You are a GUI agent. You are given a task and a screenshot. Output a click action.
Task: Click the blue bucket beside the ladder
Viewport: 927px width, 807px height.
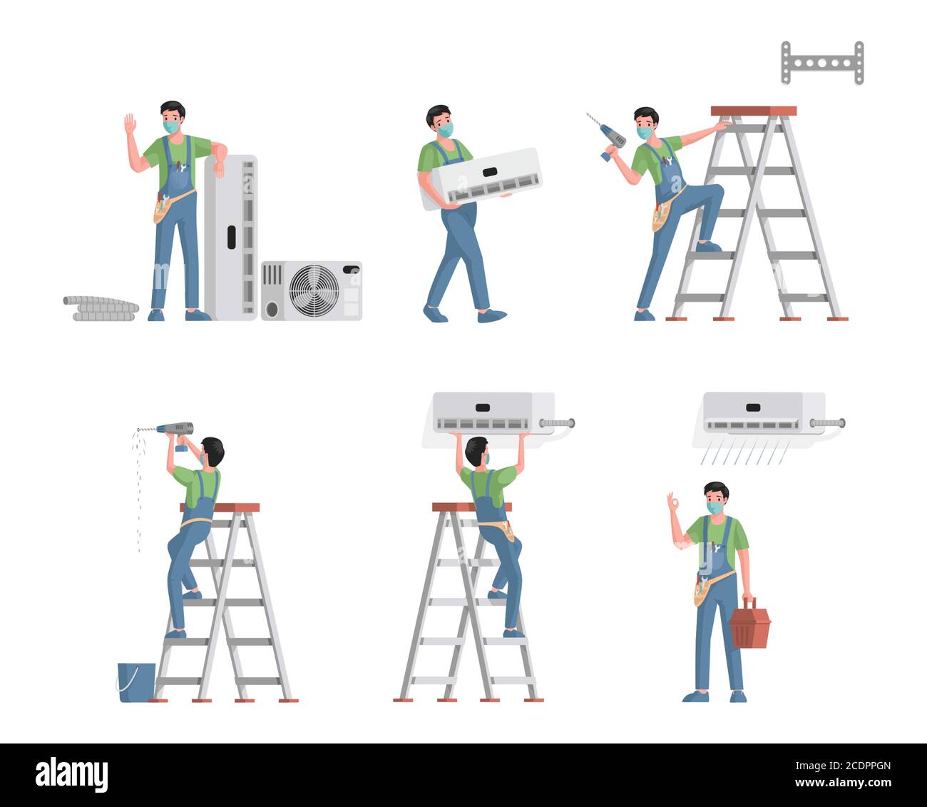click(136, 682)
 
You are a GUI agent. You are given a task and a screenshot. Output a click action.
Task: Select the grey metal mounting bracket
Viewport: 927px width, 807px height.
click(822, 63)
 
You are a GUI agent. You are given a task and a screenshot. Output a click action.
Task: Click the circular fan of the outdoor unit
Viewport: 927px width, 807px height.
click(314, 290)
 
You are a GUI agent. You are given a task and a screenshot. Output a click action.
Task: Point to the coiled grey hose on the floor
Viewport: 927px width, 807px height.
click(101, 308)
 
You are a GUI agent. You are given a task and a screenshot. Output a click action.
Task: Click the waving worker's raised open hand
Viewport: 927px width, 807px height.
click(130, 123)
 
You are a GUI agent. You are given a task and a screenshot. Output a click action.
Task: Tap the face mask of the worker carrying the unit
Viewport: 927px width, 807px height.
click(446, 130)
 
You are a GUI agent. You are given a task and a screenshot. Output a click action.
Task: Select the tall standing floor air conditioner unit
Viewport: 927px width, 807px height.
click(230, 238)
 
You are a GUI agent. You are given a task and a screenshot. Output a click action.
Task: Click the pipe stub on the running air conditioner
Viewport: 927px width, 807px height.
click(827, 423)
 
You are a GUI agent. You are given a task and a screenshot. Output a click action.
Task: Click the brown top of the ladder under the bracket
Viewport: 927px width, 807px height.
click(754, 111)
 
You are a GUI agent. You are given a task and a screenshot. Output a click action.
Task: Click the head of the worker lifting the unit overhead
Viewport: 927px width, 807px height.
click(478, 451)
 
